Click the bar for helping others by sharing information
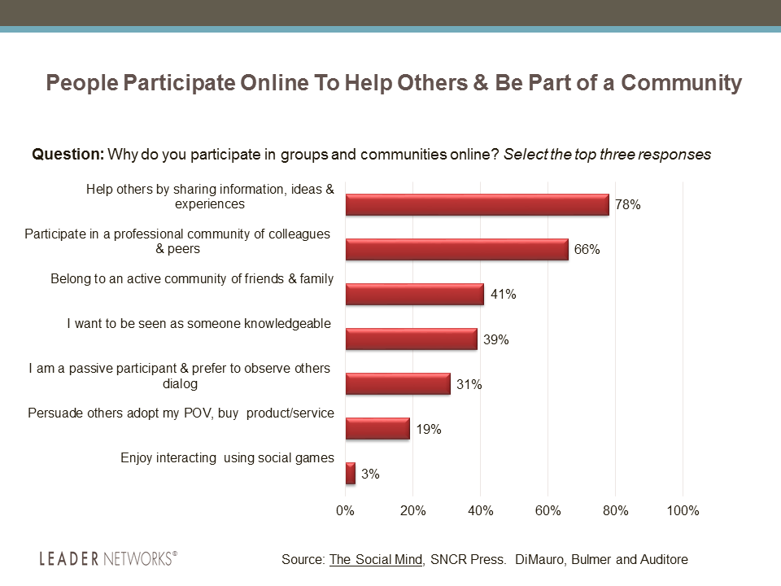click(x=477, y=204)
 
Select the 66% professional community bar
click(x=456, y=249)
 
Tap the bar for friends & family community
click(x=414, y=294)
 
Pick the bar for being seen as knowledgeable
click(x=411, y=339)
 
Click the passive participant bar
click(x=398, y=383)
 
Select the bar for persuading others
click(x=377, y=428)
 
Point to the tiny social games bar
click(x=351, y=473)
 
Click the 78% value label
click(x=627, y=205)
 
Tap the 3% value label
click(x=370, y=474)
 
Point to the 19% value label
click(x=428, y=429)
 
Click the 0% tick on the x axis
click(x=346, y=511)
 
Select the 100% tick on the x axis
click(x=683, y=511)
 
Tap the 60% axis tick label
click(x=548, y=511)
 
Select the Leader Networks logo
click(x=107, y=558)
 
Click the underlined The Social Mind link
click(x=376, y=559)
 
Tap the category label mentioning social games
click(x=227, y=457)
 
